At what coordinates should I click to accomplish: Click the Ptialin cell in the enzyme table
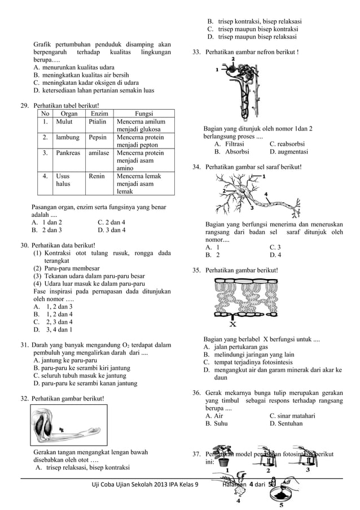(99, 121)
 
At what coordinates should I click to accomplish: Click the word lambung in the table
(67, 137)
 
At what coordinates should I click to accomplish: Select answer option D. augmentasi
(288, 152)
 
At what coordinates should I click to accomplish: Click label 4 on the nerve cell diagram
(265, 194)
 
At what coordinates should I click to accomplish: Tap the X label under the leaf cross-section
(232, 325)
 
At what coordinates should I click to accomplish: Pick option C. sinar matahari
(292, 416)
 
